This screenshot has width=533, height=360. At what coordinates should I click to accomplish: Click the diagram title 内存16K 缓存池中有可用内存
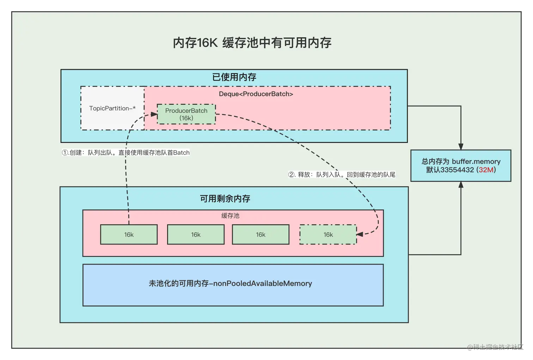pos(252,43)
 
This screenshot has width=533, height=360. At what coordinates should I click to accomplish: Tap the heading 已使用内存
pos(234,77)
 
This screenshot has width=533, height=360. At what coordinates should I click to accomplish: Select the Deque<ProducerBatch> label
pos(256,94)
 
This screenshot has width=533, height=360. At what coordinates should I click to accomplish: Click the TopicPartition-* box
pos(112,108)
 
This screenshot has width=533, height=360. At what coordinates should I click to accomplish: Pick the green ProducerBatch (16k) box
pos(186,114)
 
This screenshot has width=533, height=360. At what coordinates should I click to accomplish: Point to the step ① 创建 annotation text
pos(126,153)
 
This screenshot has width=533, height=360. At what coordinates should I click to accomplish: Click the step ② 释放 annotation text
pos(342,175)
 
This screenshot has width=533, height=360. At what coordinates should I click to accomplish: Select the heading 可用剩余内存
pos(225,199)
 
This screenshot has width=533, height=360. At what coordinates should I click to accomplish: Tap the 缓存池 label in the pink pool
pos(230,216)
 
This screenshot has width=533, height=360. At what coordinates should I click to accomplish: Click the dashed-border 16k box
pos(328,235)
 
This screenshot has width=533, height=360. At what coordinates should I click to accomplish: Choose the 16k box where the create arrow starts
pos(129,235)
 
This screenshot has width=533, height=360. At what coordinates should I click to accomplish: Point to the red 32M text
pos(486,170)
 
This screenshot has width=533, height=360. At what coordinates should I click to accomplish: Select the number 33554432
pos(457,170)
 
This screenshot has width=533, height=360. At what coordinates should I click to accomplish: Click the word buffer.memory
pos(476,161)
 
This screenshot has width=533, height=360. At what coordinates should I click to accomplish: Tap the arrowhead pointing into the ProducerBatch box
pos(154,114)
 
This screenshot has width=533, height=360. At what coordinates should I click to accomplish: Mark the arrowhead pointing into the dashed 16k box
pos(360,234)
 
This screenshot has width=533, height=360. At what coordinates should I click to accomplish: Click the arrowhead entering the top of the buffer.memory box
pos(461,147)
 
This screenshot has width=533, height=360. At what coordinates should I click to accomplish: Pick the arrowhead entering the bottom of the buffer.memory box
pos(461,185)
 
